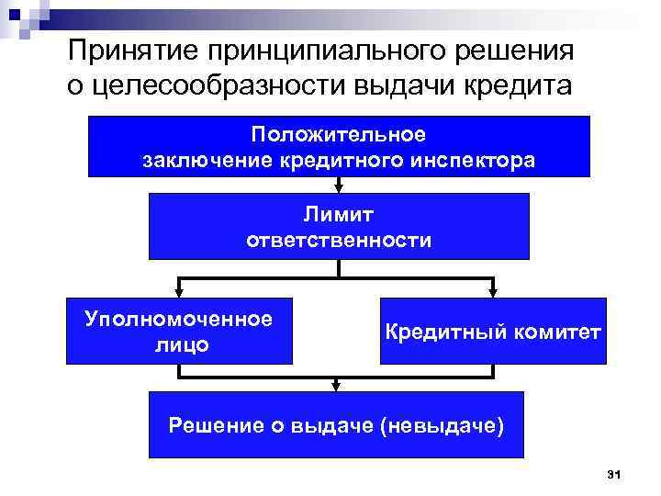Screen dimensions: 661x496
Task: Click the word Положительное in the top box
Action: [340, 134]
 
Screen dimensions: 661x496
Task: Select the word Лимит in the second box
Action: [340, 213]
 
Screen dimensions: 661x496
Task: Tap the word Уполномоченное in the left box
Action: [178, 319]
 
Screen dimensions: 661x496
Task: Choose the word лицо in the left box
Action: [178, 345]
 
